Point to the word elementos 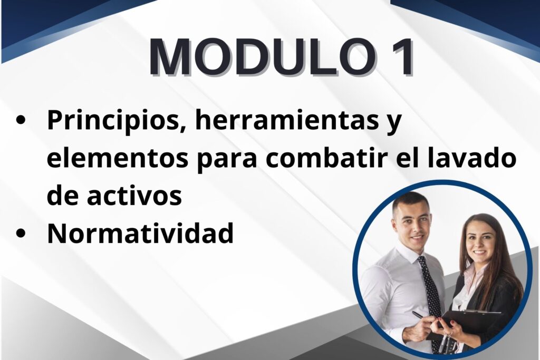118,158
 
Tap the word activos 134,196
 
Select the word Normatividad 140,233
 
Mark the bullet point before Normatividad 21,233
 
